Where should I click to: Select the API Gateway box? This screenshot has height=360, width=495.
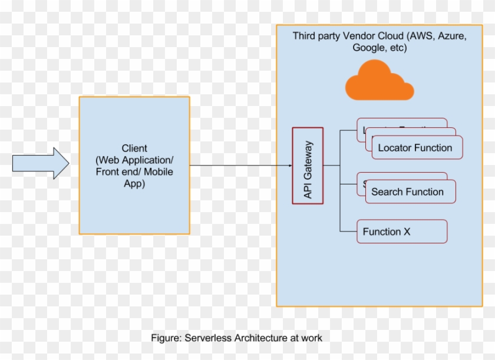click(308, 166)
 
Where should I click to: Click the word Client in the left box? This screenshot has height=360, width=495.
click(134, 148)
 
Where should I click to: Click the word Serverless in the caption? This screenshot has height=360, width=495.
click(209, 338)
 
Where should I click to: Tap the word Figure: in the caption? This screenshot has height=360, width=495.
click(167, 338)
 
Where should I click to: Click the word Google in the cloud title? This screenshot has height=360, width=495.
click(368, 48)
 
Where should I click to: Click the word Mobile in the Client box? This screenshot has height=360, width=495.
click(159, 171)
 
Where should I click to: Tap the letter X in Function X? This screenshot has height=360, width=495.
click(407, 232)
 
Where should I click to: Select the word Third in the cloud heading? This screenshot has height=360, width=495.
click(305, 36)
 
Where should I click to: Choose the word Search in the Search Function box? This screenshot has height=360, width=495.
click(387, 192)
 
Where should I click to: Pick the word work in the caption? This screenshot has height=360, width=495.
click(312, 338)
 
